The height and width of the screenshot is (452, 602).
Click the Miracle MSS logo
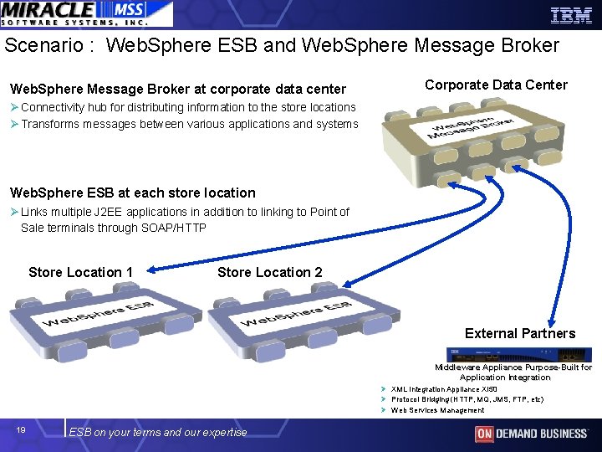86,14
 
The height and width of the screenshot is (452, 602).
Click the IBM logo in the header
570,14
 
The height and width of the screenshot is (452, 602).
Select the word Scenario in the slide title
39,45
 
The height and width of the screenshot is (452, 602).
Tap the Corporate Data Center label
496,85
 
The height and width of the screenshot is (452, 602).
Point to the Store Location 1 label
80,272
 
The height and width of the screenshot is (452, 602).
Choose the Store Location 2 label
269,272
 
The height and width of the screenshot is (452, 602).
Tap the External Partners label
520,333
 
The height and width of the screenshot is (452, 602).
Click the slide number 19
21,430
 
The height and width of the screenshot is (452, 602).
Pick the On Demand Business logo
531,434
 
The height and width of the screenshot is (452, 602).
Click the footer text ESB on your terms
158,432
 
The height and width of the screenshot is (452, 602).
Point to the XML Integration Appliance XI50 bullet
444,389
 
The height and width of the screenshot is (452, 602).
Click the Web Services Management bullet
437,410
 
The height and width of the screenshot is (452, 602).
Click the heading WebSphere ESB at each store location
132,193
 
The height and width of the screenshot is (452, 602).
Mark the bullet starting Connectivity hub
188,107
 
